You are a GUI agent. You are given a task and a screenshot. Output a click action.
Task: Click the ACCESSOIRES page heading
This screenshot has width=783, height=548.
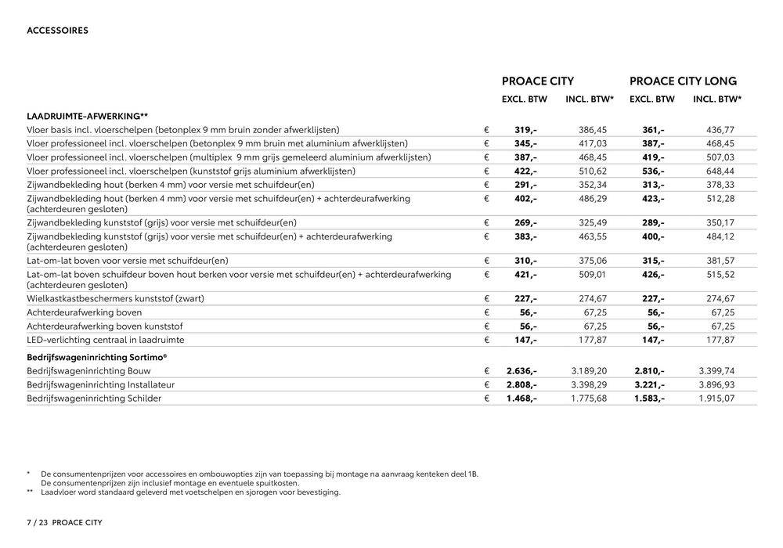(x=57, y=31)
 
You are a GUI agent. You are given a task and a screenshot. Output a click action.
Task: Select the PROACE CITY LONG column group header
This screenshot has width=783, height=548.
(x=683, y=81)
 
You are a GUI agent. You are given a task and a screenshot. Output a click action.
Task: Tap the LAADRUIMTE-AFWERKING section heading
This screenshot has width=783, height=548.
(x=82, y=116)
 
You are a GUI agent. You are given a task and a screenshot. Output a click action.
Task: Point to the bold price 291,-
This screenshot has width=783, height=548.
(x=525, y=185)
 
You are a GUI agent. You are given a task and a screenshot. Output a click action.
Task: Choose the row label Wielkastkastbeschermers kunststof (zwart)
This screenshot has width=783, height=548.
(x=115, y=299)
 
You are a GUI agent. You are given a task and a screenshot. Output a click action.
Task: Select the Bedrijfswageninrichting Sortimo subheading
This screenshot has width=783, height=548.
(x=97, y=357)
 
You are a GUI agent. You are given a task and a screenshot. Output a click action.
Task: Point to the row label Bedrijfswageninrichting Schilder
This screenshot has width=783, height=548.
(x=94, y=398)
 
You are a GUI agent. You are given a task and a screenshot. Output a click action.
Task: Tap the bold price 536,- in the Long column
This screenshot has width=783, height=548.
(x=653, y=171)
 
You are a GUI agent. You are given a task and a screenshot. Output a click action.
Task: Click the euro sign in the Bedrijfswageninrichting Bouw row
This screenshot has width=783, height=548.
(x=486, y=371)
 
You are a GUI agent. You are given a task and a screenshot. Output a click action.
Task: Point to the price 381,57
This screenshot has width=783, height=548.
(x=719, y=261)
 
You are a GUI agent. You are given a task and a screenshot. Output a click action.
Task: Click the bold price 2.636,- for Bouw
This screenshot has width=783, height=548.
(x=521, y=371)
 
